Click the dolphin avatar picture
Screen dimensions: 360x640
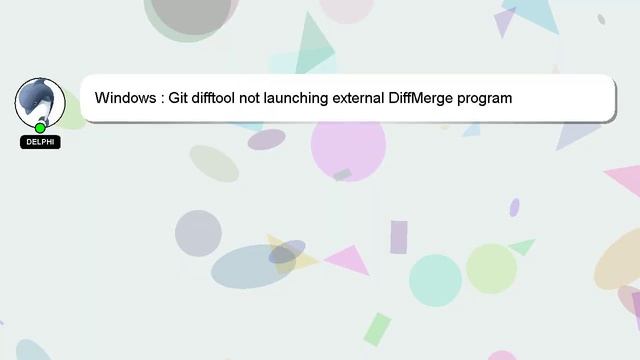(40, 102)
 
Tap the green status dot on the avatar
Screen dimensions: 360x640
(40, 128)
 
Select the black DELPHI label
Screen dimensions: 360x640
(40, 143)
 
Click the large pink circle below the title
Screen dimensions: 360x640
(348, 148)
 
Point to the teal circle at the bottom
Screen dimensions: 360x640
(435, 280)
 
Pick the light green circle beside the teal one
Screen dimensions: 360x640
(491, 268)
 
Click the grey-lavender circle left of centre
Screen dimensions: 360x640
(198, 233)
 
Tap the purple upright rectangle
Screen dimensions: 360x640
(398, 237)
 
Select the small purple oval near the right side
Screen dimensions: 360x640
(514, 207)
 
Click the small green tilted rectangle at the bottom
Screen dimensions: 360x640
(377, 329)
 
